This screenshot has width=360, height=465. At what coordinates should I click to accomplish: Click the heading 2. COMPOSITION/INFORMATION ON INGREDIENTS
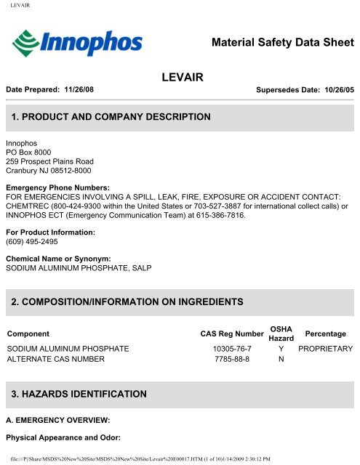pos(137,300)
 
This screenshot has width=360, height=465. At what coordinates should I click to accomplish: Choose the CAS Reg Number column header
pos(231,333)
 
